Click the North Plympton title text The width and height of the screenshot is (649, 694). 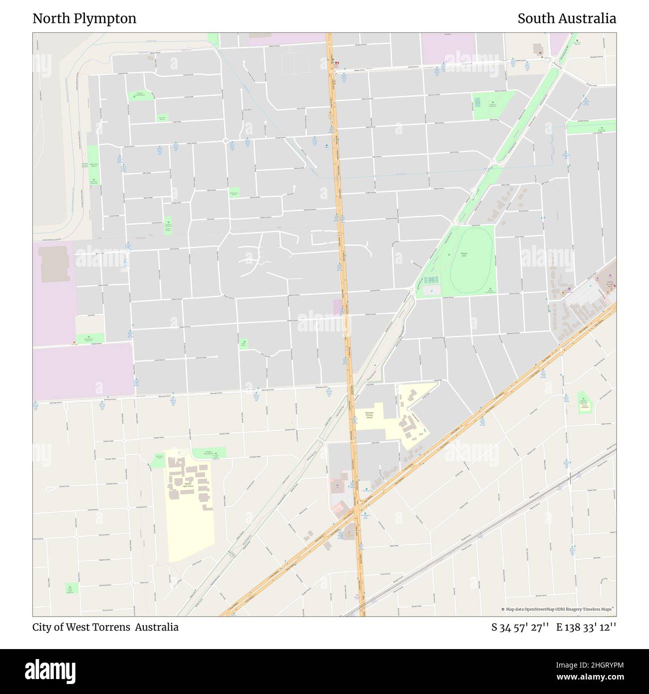[x=84, y=19]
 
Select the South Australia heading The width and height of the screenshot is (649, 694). [x=566, y=19]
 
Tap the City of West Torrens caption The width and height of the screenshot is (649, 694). [x=105, y=627]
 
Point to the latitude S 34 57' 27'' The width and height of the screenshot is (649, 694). [x=520, y=627]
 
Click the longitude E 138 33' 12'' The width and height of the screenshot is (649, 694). [x=586, y=627]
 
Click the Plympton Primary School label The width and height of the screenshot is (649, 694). [x=369, y=415]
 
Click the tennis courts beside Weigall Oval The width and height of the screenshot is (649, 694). [x=430, y=280]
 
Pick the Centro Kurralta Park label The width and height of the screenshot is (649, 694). [x=609, y=283]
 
